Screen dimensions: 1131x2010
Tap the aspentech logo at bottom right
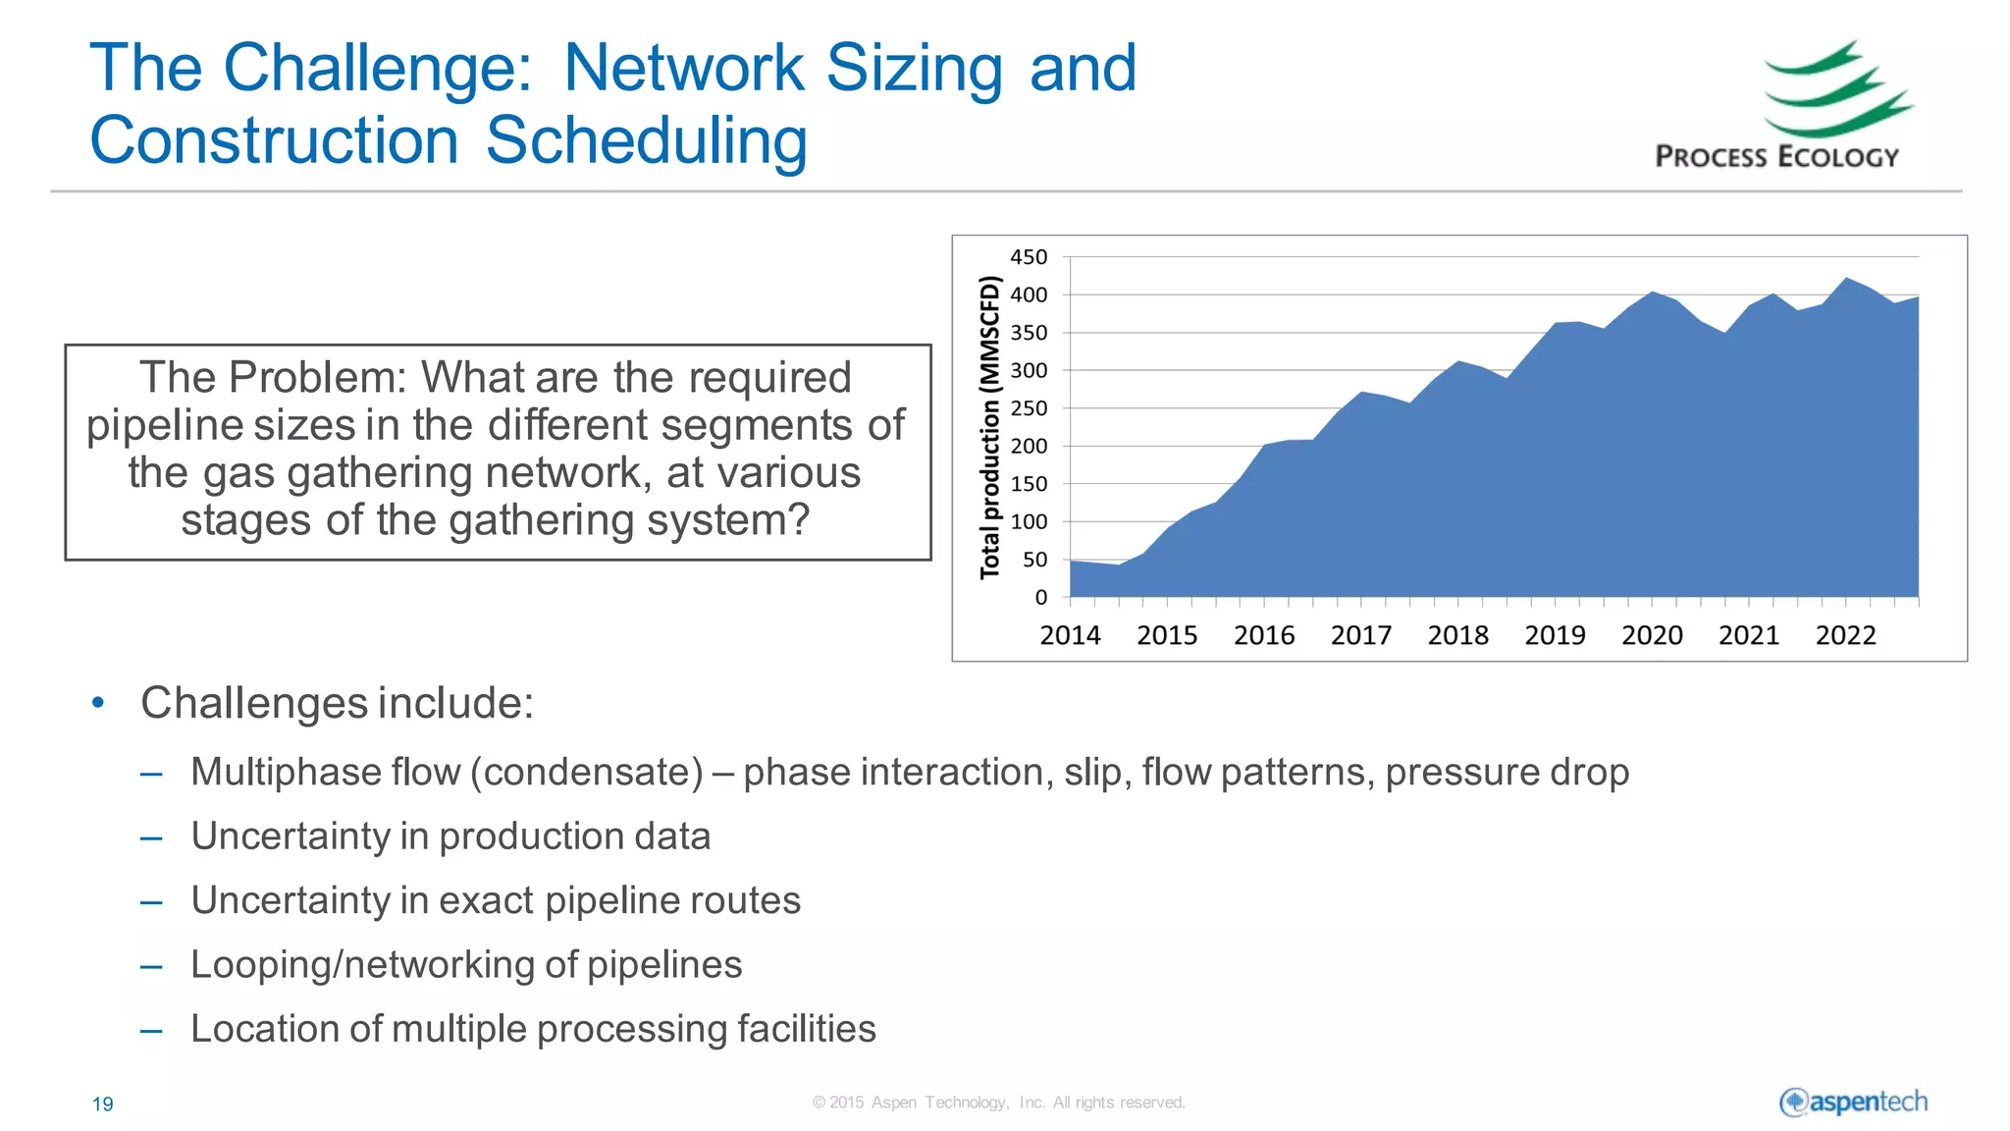[x=1853, y=1102]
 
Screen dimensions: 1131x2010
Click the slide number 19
[x=102, y=1104]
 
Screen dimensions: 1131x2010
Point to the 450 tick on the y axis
[x=1029, y=257]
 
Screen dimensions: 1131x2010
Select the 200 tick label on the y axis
[x=1029, y=446]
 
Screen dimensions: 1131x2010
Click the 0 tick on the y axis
[x=1040, y=597]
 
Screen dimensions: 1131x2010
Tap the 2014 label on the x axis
[x=1070, y=635]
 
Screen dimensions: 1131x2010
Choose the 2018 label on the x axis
[x=1457, y=635]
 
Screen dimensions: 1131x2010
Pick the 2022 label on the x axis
[x=1845, y=635]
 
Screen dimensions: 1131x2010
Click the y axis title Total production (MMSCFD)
[x=990, y=427]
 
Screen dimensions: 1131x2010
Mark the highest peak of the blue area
[x=1846, y=279]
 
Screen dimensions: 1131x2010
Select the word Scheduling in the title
[x=646, y=140]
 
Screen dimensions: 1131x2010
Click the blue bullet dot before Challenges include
[x=97, y=703]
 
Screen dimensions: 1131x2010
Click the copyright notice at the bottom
[x=998, y=1103]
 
